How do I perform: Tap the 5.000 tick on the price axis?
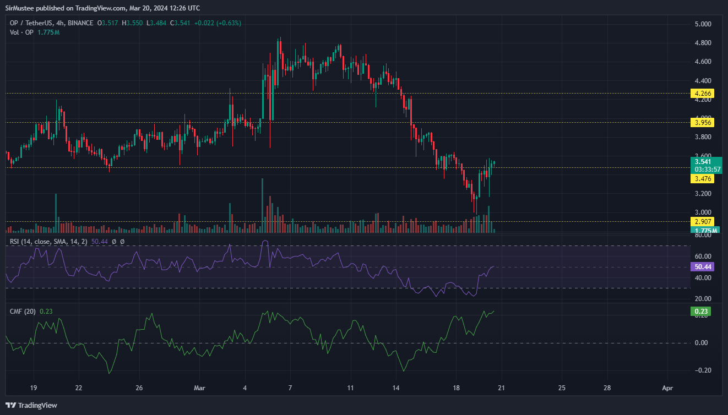coord(702,24)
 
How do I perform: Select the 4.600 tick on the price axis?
coord(702,62)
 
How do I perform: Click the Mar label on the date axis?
coord(199,387)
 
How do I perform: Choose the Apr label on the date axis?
coord(667,387)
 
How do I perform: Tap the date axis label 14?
coord(396,387)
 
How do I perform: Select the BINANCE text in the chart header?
coord(80,23)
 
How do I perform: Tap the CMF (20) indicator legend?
coord(23,312)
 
